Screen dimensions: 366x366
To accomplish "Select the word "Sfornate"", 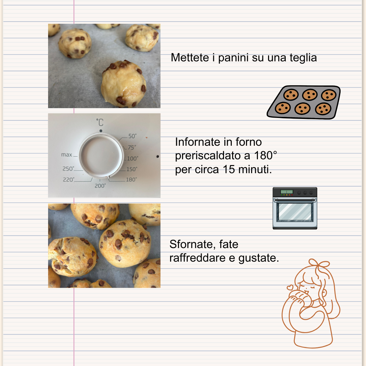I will point(191,244).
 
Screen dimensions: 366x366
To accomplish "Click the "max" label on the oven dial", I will point(66,155).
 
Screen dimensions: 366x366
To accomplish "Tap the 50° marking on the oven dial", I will point(132,136).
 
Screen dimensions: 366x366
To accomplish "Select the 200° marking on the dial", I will point(100,186).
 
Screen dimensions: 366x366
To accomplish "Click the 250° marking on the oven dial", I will point(68,169).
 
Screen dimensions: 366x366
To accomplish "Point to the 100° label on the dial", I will point(132,158).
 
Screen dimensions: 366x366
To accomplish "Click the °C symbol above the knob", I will point(100,122).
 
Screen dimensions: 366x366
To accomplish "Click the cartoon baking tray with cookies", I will point(304,102).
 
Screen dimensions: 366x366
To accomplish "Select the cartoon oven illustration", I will point(295,208).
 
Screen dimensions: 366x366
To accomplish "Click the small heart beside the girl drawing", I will point(290,288).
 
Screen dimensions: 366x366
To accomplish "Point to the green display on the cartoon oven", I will point(287,192).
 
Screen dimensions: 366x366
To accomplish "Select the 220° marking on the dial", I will point(68,180).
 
